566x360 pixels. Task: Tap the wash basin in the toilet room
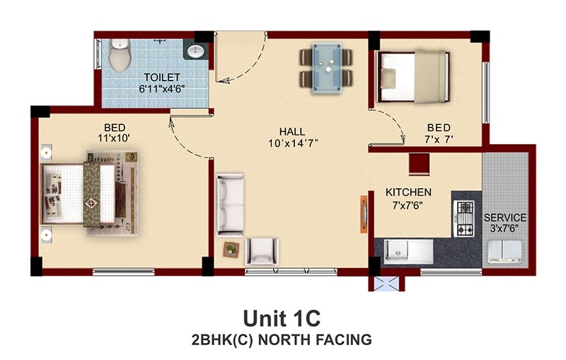197,51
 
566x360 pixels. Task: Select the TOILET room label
162,77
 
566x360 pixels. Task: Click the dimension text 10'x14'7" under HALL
293,144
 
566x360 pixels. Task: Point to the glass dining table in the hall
327,68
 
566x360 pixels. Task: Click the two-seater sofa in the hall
230,205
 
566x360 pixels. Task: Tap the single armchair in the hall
262,251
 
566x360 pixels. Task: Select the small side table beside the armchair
231,249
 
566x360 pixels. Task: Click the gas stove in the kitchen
465,219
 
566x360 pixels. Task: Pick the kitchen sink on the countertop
397,250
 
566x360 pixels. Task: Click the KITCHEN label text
408,192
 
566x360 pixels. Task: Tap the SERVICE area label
505,218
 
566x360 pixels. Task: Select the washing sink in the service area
505,251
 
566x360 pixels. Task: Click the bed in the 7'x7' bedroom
412,77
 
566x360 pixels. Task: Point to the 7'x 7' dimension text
439,139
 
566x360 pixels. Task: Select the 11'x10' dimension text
114,138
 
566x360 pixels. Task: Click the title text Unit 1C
282,318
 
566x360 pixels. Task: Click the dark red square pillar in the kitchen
419,165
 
